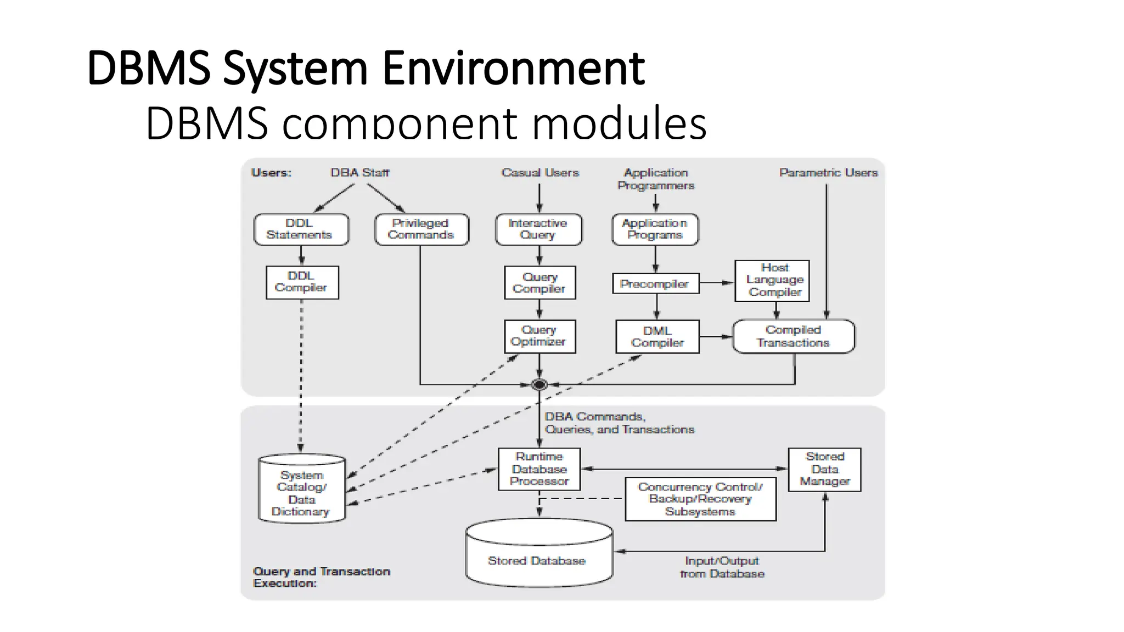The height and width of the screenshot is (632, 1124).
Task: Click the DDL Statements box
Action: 301,229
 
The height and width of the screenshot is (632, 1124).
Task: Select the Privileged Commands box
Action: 421,229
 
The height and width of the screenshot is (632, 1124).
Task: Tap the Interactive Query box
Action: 538,229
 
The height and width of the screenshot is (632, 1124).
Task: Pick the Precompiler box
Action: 655,284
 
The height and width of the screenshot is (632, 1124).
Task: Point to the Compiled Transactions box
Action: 793,336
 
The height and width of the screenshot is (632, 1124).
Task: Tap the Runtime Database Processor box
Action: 539,469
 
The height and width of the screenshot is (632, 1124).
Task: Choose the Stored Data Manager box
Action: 824,469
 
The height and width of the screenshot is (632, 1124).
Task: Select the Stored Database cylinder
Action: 538,554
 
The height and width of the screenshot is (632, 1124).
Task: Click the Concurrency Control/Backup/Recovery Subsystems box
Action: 700,499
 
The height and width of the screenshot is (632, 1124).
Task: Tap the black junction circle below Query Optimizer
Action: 539,385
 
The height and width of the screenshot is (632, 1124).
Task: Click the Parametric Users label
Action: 828,173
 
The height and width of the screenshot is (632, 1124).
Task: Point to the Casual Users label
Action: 540,173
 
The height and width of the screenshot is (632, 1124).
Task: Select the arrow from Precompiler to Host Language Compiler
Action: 717,283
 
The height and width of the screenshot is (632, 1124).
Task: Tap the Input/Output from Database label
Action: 722,567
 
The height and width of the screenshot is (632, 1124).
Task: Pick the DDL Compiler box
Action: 302,282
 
